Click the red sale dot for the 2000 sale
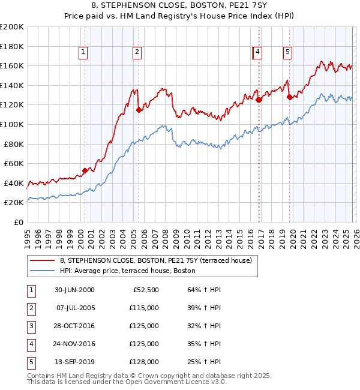85,170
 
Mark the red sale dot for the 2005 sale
139,109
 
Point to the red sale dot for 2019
289,97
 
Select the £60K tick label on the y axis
14,163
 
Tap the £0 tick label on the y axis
18,222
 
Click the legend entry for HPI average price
127,271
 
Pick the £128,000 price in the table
144,362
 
